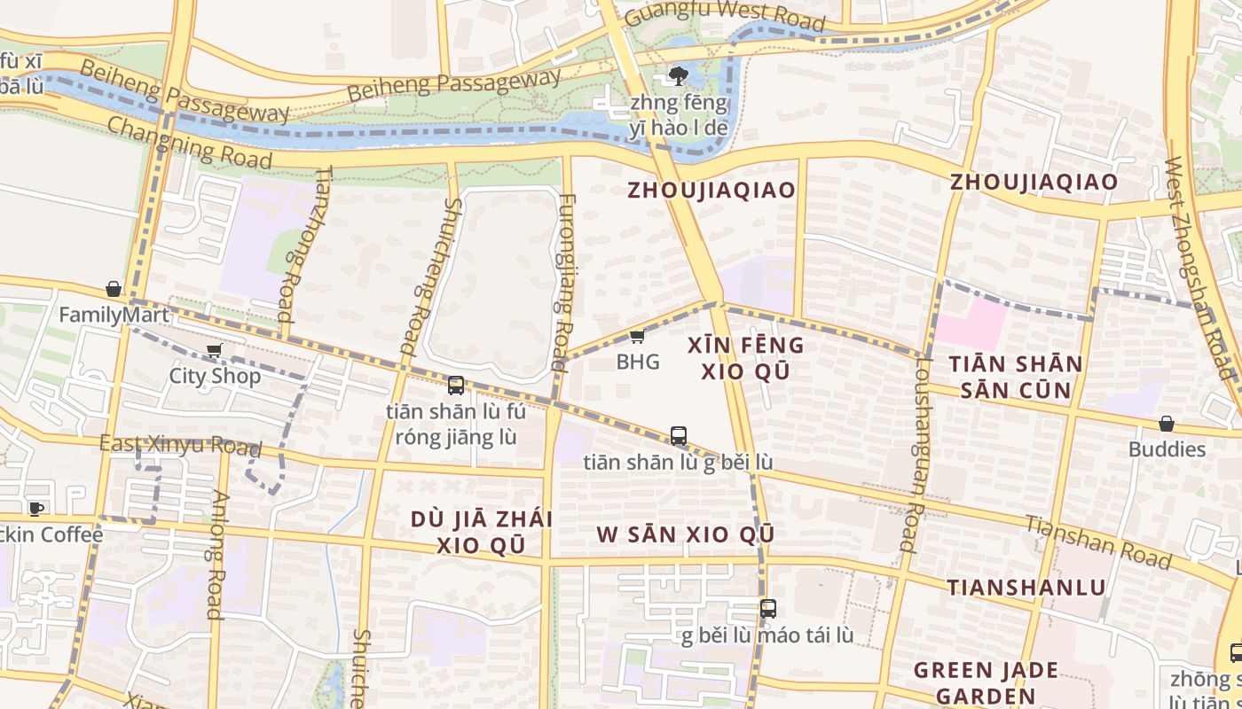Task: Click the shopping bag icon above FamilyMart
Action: tap(114, 289)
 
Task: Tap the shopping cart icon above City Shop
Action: tap(214, 351)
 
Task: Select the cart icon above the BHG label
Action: tap(637, 336)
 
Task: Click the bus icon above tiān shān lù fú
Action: tap(456, 386)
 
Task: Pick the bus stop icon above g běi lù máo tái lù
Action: tap(768, 609)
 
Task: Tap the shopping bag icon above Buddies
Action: tap(1167, 425)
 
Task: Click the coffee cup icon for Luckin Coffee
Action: tap(35, 509)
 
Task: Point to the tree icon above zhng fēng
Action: tap(679, 75)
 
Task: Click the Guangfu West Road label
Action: tap(724, 16)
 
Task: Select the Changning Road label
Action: tap(189, 141)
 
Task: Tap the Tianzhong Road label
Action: tap(305, 244)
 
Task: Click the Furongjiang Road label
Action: tap(562, 282)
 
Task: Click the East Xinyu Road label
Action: tap(180, 445)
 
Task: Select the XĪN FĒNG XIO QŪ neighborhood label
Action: tap(745, 358)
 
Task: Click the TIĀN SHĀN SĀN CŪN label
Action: tap(1015, 377)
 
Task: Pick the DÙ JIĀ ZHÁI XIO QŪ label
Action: tap(481, 532)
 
